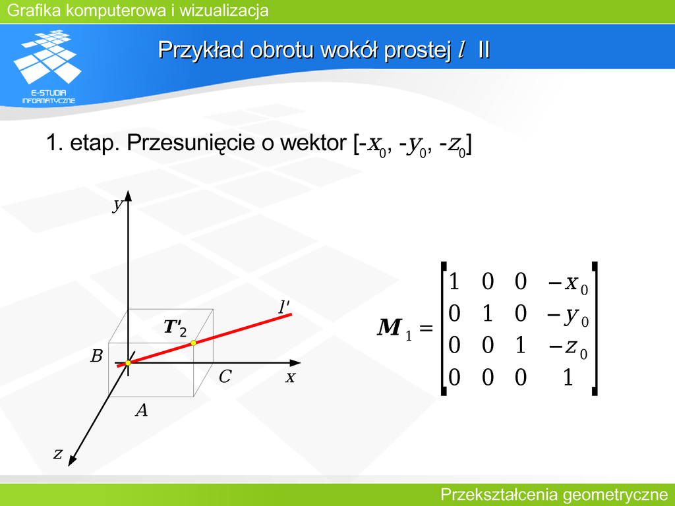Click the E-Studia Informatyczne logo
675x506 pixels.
click(x=47, y=67)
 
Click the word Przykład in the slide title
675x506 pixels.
click(x=201, y=50)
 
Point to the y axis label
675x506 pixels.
click(x=117, y=204)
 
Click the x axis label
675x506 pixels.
click(x=291, y=378)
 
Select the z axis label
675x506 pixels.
click(x=58, y=453)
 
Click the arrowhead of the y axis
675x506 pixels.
click(x=128, y=196)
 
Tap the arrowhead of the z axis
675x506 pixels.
click(x=72, y=460)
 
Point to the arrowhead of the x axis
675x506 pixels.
click(x=295, y=363)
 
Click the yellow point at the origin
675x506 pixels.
click(x=128, y=363)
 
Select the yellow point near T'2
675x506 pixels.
click(x=193, y=343)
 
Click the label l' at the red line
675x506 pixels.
click(x=283, y=307)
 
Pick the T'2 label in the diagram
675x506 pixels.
click(x=175, y=328)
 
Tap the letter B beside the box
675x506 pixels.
click(x=96, y=356)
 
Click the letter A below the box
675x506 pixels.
click(x=142, y=410)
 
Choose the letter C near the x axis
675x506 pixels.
click(x=225, y=376)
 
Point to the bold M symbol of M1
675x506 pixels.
click(x=390, y=327)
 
